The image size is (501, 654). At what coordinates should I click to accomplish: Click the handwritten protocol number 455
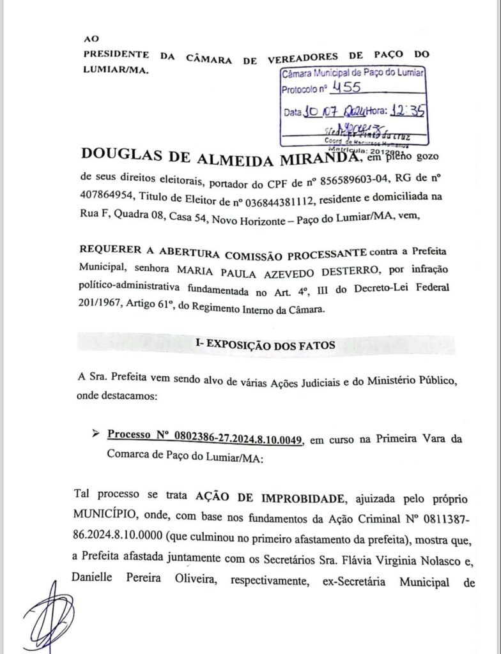[343, 88]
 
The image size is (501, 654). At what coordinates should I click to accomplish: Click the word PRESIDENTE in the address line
[116, 55]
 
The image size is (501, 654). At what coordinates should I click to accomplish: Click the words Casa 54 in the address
[186, 217]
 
